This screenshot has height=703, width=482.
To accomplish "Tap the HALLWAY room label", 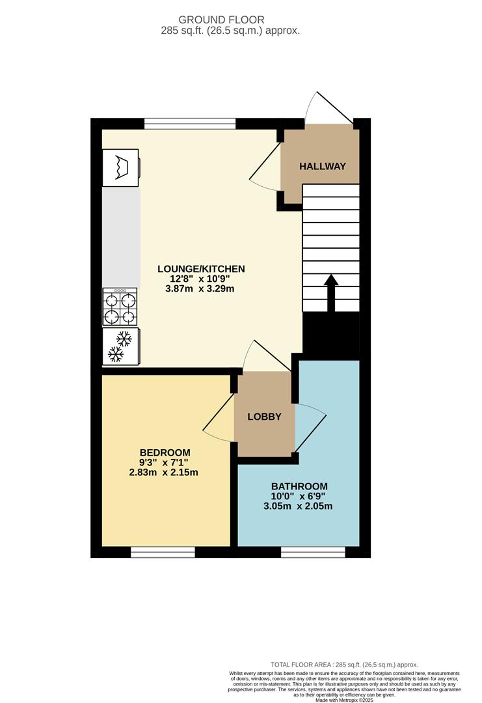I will (322, 167).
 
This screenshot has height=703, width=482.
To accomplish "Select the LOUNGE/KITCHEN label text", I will (201, 268).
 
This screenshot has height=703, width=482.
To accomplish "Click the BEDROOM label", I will (165, 452).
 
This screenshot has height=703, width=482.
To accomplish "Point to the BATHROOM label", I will (299, 486).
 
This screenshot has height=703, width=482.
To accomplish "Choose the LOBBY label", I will (264, 417).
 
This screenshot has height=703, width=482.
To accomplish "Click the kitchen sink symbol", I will (121, 168).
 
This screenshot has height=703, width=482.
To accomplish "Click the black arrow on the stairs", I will (330, 293).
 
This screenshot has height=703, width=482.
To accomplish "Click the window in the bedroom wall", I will (163, 552).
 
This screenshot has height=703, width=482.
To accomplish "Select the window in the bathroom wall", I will (313, 552).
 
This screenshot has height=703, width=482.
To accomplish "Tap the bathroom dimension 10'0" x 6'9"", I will (299, 496).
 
